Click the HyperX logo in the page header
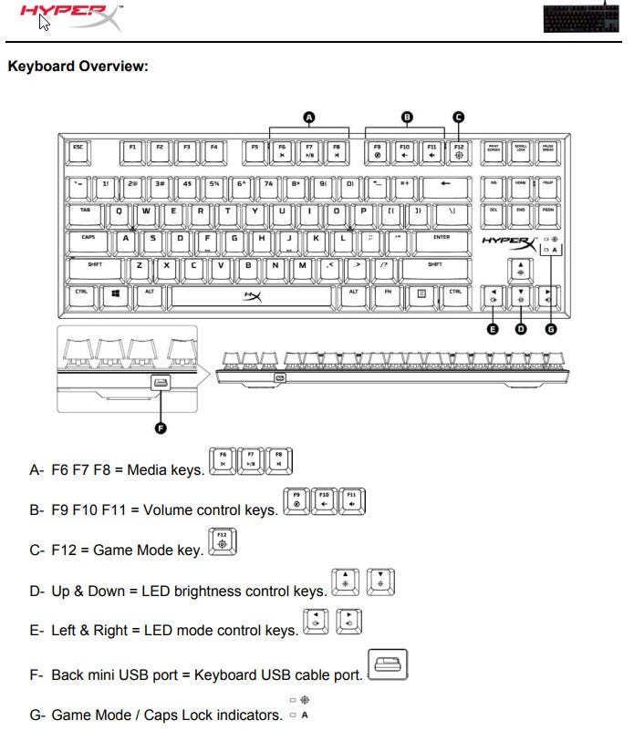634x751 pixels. point(68,16)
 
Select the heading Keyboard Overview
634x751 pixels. point(77,67)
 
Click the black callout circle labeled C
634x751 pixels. point(458,117)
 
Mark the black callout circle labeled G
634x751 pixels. point(550,329)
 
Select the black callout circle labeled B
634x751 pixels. point(407,117)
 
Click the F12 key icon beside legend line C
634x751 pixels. point(222,541)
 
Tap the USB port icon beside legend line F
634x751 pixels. point(387,665)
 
